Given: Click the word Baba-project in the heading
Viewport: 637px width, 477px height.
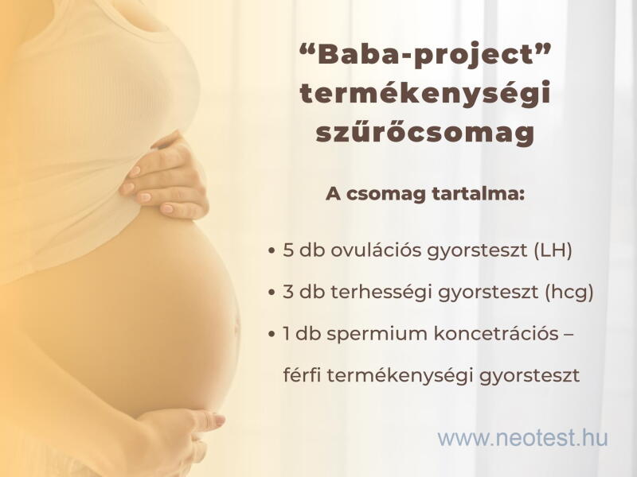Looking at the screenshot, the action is coord(424,56).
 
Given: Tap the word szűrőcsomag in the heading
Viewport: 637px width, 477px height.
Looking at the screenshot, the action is coord(425,132).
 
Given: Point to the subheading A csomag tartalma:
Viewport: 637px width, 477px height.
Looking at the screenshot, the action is coord(425,194).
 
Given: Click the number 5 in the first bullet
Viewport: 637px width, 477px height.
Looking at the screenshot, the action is coord(288,250).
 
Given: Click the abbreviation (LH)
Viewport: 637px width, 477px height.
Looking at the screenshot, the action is coord(553,250).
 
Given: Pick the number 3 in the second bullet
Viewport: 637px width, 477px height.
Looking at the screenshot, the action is coord(288,292).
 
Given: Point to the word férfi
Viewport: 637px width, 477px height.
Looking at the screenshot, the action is coord(302,375).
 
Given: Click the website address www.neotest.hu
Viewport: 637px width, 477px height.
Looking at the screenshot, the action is coord(522,438).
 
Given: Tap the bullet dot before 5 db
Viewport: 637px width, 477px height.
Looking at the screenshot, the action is coord(272,251).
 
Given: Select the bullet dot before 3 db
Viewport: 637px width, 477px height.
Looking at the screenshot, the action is coord(272,293).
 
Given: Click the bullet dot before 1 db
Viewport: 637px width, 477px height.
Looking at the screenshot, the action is coord(272,334).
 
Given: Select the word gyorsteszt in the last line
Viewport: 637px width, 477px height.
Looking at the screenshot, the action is coord(530,376).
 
